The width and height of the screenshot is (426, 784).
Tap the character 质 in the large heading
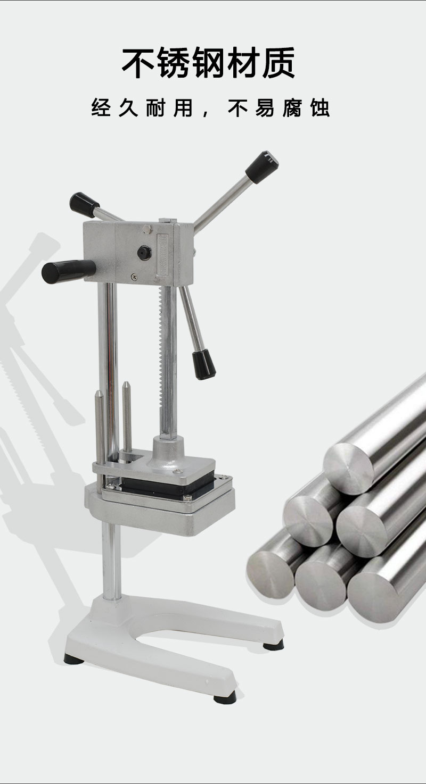click(x=278, y=63)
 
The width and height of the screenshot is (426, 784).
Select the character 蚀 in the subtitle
click(x=319, y=108)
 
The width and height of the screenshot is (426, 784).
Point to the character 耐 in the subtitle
click(x=155, y=108)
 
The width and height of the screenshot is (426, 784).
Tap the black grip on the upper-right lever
click(x=261, y=167)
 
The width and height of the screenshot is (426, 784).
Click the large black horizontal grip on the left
click(x=69, y=271)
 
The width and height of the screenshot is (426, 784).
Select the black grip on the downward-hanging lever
click(x=203, y=365)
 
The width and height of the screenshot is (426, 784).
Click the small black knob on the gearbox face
click(x=144, y=252)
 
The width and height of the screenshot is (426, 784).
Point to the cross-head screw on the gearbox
click(x=134, y=277)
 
